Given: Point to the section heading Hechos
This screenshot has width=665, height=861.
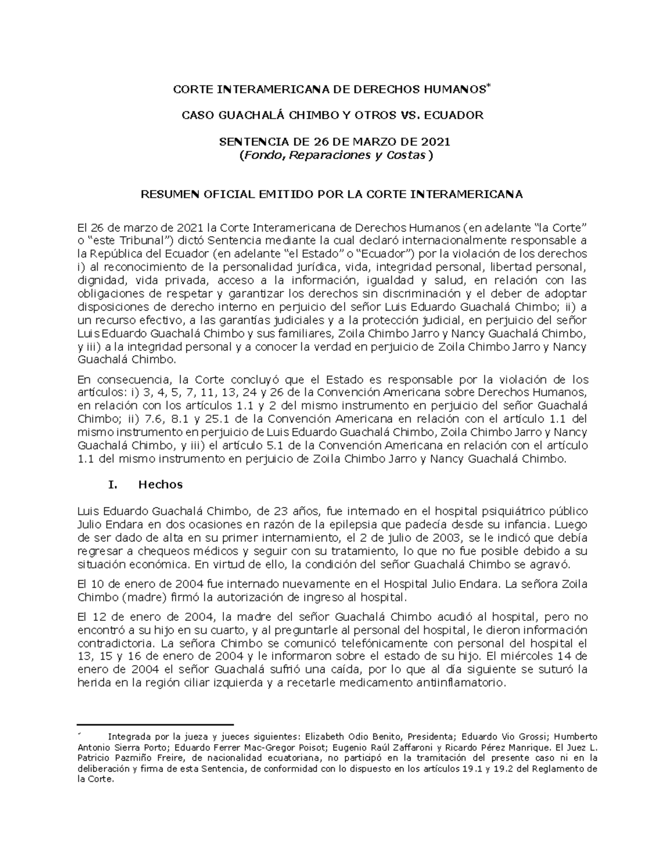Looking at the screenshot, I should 160,485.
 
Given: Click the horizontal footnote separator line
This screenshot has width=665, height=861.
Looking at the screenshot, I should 155,724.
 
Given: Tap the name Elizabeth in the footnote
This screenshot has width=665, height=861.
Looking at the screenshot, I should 324,737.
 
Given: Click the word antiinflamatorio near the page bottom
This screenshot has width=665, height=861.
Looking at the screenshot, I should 460,683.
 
